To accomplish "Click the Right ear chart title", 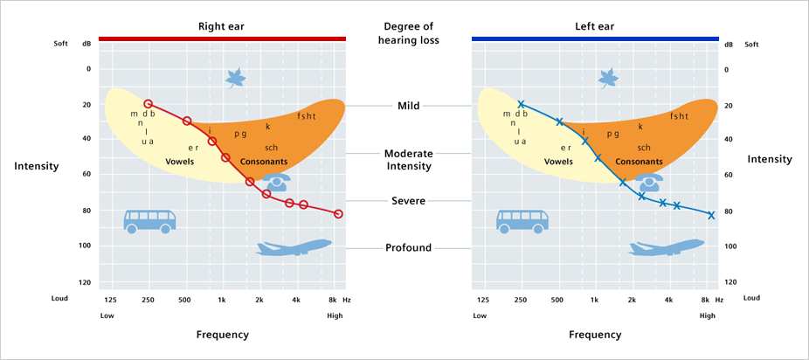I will coord(221,26).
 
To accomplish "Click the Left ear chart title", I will coord(594,26).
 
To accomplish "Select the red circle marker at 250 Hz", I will coord(148,104).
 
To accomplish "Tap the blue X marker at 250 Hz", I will coord(521,104).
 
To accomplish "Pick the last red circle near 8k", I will coord(338,214).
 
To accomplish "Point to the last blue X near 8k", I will coord(711,215).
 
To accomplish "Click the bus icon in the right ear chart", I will coord(149,220).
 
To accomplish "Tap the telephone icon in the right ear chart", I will coord(276,183).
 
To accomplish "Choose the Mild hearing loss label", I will coord(408,106).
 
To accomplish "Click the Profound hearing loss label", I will coord(408,248).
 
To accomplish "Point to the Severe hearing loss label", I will coord(408,201).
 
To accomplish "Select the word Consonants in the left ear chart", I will coord(639,162).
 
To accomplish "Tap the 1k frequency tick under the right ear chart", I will coord(222,300).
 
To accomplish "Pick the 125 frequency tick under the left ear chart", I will coord(482,300).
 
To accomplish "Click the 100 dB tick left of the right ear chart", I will coord(86,246).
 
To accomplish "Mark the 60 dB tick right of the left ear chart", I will coord(729,176).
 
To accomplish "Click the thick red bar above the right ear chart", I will coord(222,38).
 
